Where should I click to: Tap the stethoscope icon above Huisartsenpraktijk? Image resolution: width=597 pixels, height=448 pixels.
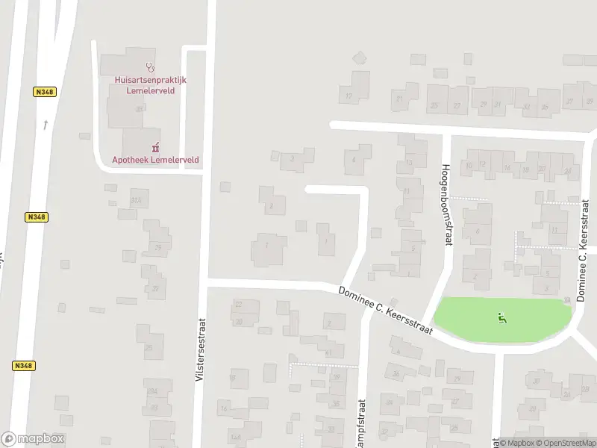click(150, 66)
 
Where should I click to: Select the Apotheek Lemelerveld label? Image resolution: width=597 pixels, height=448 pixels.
click(150, 159)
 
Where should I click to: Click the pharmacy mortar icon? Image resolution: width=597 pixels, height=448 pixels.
click(156, 146)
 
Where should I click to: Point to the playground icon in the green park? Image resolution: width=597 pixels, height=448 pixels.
click(502, 318)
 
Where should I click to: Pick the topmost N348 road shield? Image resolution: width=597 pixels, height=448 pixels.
click(45, 92)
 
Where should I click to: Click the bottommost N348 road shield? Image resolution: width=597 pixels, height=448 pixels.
click(23, 365)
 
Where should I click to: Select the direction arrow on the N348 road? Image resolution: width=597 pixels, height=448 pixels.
click(45, 125)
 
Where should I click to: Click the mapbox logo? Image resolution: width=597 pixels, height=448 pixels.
click(34, 439)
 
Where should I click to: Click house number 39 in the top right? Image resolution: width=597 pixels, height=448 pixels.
click(589, 101)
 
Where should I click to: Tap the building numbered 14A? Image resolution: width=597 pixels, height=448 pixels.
click(237, 437)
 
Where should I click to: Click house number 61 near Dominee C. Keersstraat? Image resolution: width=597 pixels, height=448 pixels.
click(329, 352)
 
